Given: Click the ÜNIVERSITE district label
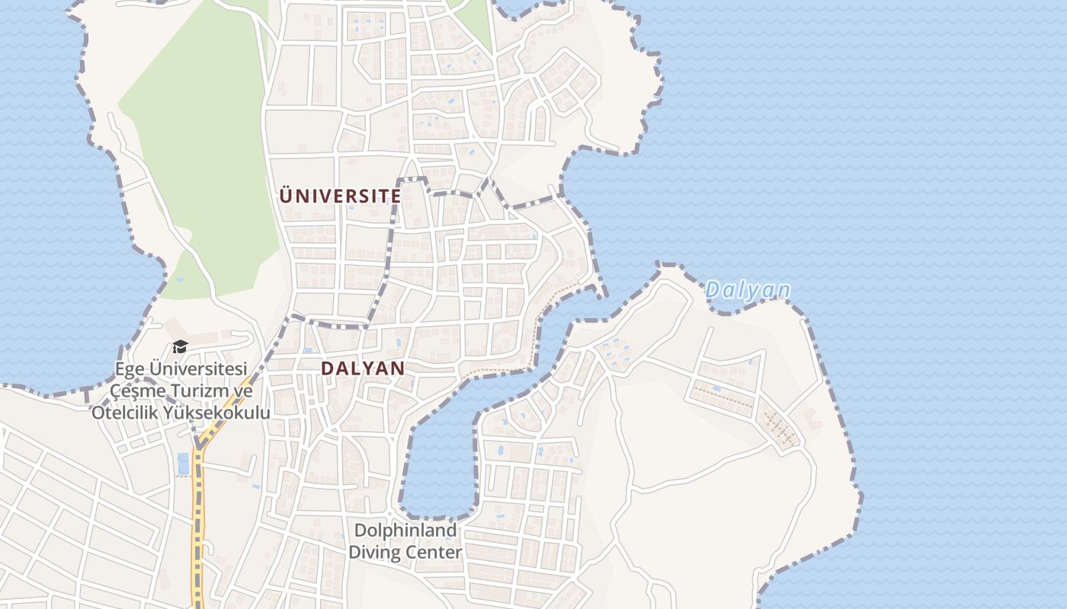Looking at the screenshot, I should (x=340, y=196).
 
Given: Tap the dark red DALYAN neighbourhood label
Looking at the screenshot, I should (x=362, y=368).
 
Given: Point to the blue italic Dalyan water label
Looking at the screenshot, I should (x=747, y=290).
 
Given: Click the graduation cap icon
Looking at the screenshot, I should (x=180, y=347).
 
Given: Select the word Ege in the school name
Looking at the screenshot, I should (x=129, y=369).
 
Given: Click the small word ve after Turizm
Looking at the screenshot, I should (x=242, y=391).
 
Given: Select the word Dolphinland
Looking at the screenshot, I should (x=404, y=531).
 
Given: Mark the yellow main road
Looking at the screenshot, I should (x=199, y=518).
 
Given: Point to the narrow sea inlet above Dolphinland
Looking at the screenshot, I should (x=438, y=457).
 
